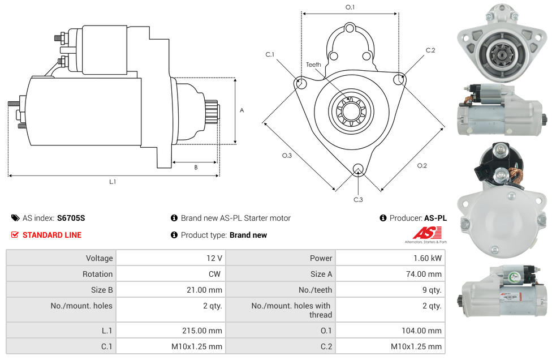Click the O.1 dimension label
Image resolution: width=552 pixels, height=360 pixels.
tap(350, 7)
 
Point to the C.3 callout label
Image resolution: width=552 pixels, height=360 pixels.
tap(358, 199)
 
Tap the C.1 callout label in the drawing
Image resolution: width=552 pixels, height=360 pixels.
tap(270, 54)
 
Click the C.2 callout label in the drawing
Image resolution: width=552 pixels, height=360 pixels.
tap(430, 50)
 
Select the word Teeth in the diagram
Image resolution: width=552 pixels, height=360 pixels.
tap(313, 65)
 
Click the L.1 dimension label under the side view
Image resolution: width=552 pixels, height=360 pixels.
tap(113, 182)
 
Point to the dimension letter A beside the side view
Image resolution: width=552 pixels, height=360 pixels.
tap(242, 110)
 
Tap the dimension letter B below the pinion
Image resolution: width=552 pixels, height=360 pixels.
tap(196, 168)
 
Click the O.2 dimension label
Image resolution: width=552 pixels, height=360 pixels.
tap(422, 165)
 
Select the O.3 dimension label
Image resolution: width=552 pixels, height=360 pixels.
tap(287, 156)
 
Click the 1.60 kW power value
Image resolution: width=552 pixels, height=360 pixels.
tap(428, 258)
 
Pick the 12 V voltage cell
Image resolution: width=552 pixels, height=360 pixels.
tap(214, 258)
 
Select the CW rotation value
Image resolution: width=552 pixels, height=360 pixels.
tap(215, 274)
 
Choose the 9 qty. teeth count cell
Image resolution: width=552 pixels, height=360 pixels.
tap(430, 290)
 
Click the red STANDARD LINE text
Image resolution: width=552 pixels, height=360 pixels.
tap(51, 235)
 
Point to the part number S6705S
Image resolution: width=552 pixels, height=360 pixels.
tap(71, 218)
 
